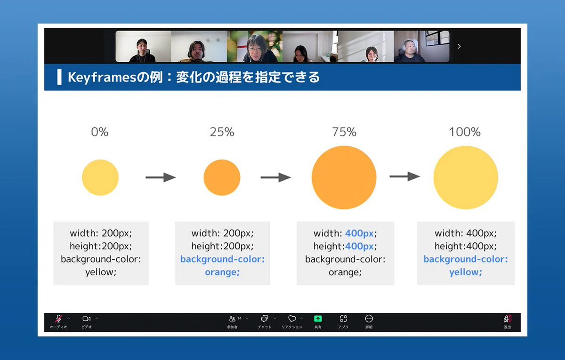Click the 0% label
pos(100,132)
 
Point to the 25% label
pos(222,132)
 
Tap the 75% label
pos(344,132)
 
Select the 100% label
pos(465,132)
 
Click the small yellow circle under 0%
pos(100,177)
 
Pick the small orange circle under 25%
pos(222,177)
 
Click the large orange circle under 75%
pos(344,177)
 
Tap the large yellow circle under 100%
pos(466,177)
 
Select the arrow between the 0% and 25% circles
pos(161,177)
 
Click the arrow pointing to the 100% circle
pos(404,176)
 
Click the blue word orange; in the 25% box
pos(222,272)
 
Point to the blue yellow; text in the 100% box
pos(466,272)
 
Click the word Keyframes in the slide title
pos(102,77)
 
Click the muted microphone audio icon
pos(58,319)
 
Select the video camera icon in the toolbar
pos(87,319)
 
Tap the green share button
pos(318,319)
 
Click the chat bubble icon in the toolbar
pos(264,319)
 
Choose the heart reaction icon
pos(292,319)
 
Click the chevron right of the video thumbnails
pos(460,47)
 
